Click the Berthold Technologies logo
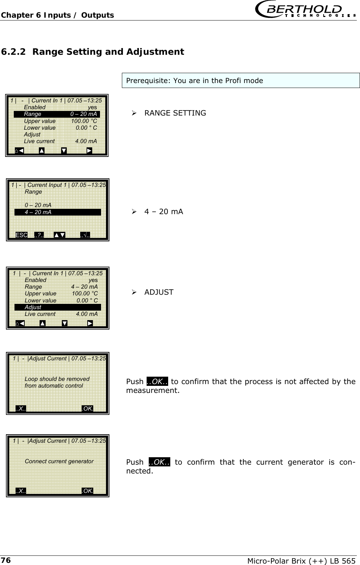tap(306, 10)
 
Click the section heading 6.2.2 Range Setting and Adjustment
tap(93, 52)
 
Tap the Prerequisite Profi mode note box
tap(241, 81)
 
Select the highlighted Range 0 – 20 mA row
tap(57, 114)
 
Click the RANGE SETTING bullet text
tap(175, 113)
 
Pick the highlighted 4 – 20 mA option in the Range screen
tap(57, 212)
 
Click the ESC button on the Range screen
tap(22, 235)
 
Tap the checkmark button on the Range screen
tap(85, 235)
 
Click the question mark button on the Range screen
tap(39, 235)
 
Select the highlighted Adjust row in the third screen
tap(57, 307)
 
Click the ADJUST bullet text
tap(159, 292)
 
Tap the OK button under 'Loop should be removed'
tap(87, 409)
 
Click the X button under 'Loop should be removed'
tap(21, 409)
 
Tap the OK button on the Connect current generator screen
tap(87, 491)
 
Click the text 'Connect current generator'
tap(59, 461)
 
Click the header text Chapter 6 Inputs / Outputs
tap(57, 15)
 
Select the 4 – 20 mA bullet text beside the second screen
tap(164, 212)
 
